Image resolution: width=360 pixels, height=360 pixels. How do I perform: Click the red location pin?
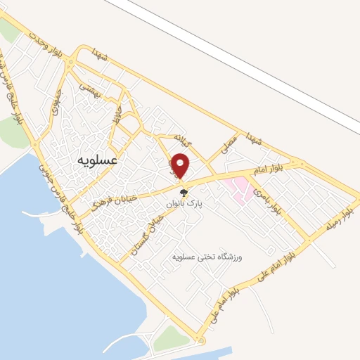[x=181, y=165]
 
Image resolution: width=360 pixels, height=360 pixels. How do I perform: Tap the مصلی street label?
[x=229, y=145]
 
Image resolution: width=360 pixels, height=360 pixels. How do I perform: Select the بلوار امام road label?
[x=267, y=169]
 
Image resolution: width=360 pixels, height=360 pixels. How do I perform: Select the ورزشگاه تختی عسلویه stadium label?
[x=208, y=257]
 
